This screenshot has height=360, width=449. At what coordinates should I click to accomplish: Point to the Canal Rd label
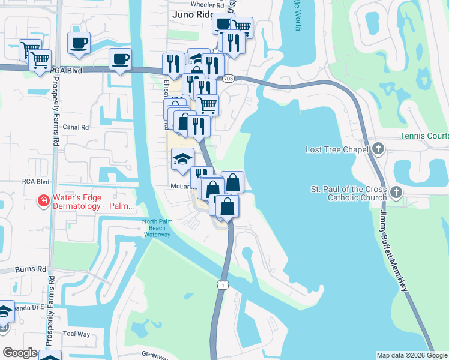tap(76, 127)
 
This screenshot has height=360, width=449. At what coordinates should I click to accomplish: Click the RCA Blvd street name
tap(35, 181)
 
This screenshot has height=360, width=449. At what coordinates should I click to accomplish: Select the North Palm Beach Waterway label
tap(157, 228)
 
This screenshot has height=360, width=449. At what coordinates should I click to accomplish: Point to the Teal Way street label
tap(76, 334)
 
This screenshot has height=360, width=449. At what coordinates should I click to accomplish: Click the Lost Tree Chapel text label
tap(336, 149)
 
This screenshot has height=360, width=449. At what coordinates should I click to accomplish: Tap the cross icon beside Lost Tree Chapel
tap(378, 149)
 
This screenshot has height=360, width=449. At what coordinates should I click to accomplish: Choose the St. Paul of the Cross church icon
tap(396, 192)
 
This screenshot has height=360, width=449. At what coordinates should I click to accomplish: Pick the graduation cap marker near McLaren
tap(182, 159)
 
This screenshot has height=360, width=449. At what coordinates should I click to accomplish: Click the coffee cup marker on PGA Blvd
tap(120, 59)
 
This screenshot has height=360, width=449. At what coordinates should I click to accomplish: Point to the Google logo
tap(20, 353)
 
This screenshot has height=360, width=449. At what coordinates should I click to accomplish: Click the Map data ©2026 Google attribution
tap(411, 355)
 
